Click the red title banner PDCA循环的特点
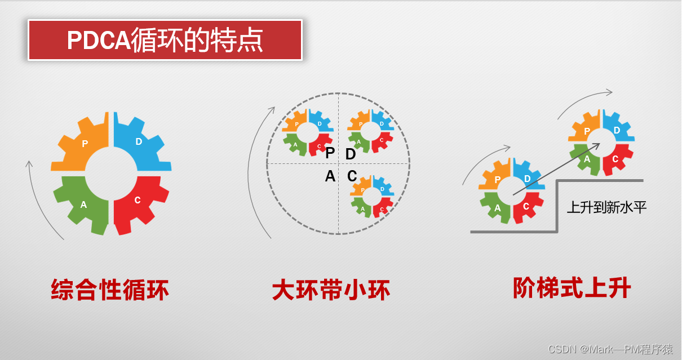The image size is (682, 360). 165,40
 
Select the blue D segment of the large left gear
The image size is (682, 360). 141,144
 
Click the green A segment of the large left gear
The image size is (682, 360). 82,203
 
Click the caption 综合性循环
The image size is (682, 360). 110,290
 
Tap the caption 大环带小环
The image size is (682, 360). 331,290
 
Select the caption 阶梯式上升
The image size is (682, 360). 572,288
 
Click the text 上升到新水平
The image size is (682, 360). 606,207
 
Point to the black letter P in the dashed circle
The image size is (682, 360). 330,154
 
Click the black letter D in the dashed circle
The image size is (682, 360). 351,154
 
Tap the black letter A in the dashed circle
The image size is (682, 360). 330,177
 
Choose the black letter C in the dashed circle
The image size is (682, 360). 352,177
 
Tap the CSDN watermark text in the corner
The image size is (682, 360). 610,349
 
